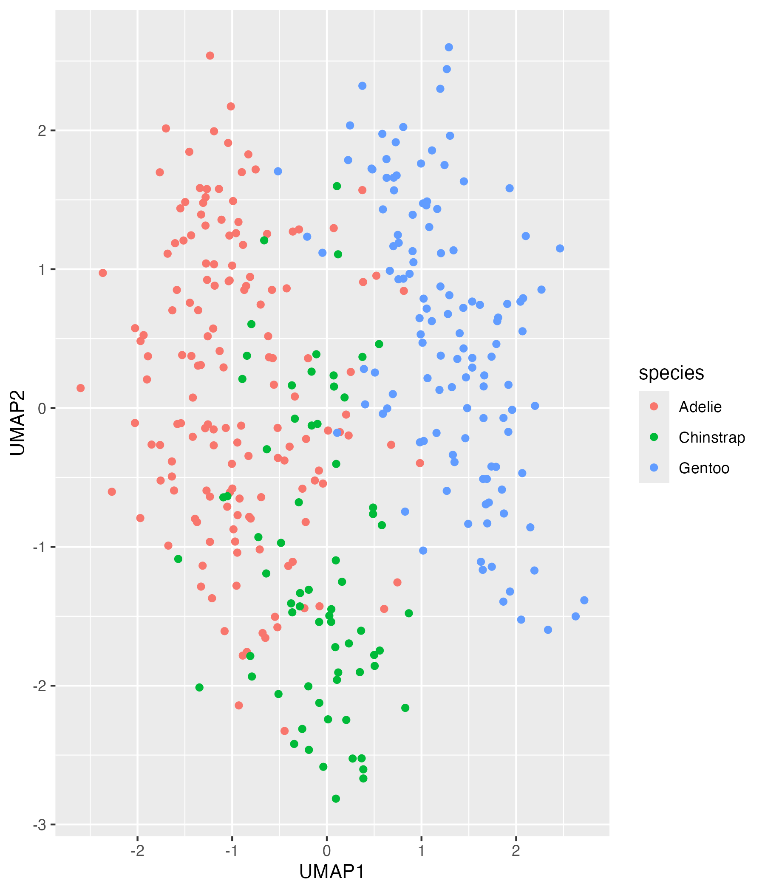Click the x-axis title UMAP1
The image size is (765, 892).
point(332,872)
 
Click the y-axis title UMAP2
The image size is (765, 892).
point(18,423)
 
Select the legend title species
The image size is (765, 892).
point(671,373)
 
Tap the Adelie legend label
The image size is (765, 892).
point(700,407)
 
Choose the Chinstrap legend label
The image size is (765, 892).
point(711,438)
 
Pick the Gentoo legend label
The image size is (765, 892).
point(704,468)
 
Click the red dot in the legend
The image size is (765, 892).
point(654,406)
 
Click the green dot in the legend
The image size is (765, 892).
point(654,437)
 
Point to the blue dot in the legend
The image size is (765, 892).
point(654,468)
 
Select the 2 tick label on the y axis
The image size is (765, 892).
point(42,130)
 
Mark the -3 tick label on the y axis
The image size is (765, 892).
point(39,825)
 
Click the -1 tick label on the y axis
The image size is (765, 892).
point(39,547)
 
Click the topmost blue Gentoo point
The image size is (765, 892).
point(449,47)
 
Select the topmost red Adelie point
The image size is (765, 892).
point(210,56)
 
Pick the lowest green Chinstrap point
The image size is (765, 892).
point(336,799)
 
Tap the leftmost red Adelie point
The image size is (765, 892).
point(81,388)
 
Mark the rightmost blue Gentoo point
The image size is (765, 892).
point(584,600)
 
